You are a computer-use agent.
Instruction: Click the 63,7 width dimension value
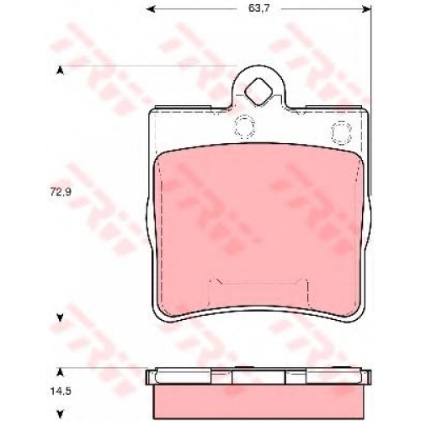(x=258, y=8)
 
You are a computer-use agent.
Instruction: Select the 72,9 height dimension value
(x=61, y=192)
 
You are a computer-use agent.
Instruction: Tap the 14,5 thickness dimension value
(x=61, y=392)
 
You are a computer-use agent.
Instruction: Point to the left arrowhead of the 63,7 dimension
(x=151, y=10)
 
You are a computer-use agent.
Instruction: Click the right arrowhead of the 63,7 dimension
(x=366, y=10)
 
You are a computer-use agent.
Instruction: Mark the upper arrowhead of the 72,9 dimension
(x=60, y=71)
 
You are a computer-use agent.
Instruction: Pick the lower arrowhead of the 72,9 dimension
(x=60, y=317)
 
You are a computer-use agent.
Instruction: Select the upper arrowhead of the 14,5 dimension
(x=60, y=372)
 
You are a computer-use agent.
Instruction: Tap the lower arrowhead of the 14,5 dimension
(x=60, y=413)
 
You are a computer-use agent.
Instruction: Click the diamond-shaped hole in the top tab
(x=258, y=92)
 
